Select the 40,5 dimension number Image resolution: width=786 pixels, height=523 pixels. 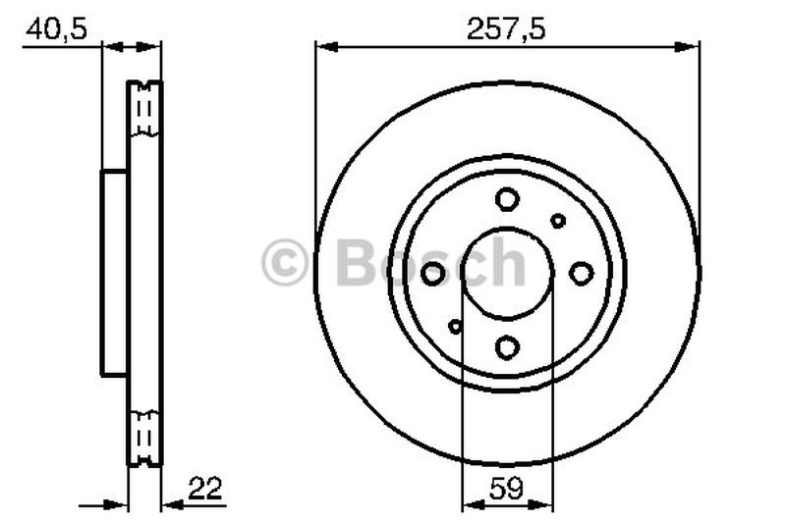click(x=56, y=28)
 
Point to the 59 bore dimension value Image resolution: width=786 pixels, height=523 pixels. click(x=507, y=488)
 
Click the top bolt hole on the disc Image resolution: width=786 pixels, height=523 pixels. click(x=507, y=200)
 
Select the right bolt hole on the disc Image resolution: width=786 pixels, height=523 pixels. click(x=582, y=274)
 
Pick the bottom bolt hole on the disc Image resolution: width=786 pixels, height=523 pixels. click(x=507, y=347)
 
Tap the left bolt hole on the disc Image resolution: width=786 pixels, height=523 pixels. click(x=433, y=274)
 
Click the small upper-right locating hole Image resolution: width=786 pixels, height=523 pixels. click(x=558, y=221)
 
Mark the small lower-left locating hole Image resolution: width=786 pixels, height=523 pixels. click(x=455, y=326)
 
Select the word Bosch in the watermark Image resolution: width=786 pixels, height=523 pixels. click(x=430, y=262)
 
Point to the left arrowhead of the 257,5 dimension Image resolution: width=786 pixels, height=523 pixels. click(x=323, y=45)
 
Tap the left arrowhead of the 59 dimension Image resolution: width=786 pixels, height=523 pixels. click(x=469, y=505)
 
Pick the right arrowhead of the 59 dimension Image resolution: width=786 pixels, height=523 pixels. click(x=545, y=505)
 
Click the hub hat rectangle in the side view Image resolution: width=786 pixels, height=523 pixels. click(x=114, y=273)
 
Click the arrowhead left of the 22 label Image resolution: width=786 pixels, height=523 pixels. click(x=171, y=505)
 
